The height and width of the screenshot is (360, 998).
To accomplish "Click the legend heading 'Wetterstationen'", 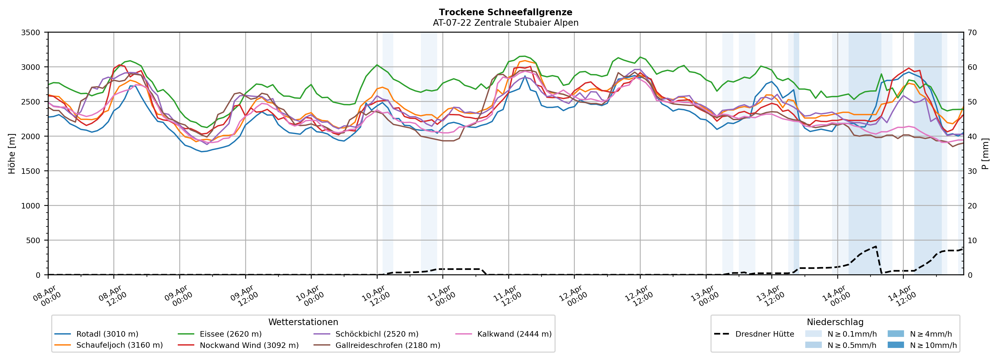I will tap(303, 322).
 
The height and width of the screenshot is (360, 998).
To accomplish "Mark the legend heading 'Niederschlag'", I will tap(835, 322).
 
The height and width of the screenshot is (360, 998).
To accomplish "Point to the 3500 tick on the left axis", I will tap(31, 33).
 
